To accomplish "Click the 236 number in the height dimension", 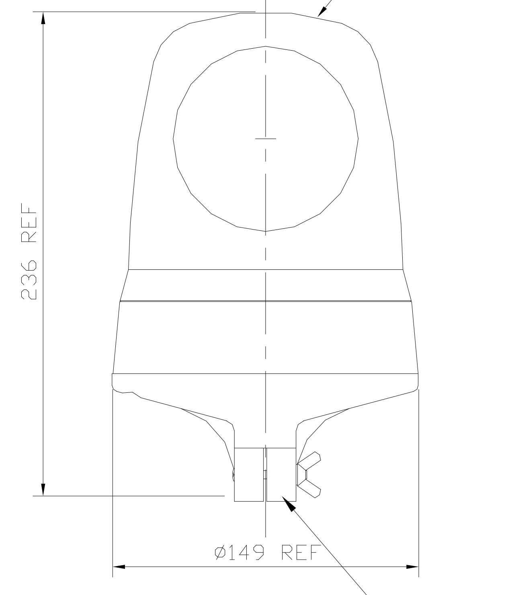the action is tap(29, 280).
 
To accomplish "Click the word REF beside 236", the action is tap(29, 222).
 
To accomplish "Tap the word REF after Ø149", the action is tap(301, 552).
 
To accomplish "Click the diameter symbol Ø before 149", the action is tap(220, 552).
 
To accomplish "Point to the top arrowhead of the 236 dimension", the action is tap(43, 18).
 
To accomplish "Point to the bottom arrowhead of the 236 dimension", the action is tap(43, 489).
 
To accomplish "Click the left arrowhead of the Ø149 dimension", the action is tap(119, 566).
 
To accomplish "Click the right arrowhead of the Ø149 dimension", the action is tap(412, 566).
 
